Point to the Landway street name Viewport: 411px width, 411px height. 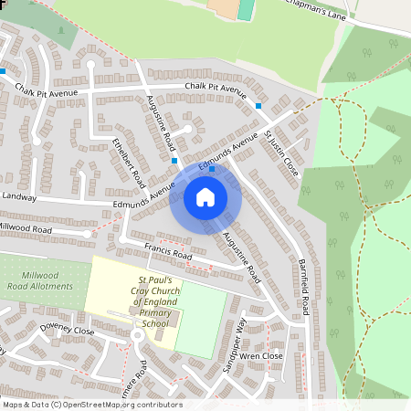(19, 195)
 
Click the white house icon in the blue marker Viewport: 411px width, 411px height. (205, 196)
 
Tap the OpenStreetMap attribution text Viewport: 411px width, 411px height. (92, 405)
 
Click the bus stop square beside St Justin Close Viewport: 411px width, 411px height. (258, 107)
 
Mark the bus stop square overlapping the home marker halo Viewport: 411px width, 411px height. (212, 169)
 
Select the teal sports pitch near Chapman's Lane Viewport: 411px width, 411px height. (246, 9)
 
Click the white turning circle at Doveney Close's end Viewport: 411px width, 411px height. (137, 334)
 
